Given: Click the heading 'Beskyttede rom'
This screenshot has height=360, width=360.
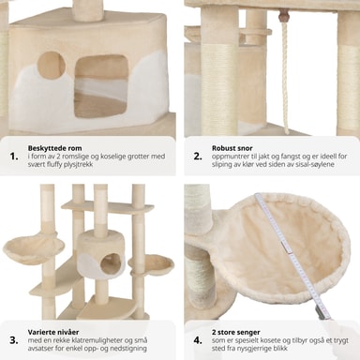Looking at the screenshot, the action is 54,148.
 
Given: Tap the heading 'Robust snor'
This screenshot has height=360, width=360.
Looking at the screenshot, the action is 232,148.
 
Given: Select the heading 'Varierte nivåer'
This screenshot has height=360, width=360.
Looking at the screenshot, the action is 53,332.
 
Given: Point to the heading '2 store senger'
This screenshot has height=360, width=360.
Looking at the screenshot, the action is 236,332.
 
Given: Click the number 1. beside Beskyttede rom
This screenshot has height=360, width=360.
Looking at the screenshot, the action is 14,157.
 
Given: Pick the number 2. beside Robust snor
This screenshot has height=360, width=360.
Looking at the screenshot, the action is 198,157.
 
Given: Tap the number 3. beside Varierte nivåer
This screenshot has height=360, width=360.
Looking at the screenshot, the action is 14,340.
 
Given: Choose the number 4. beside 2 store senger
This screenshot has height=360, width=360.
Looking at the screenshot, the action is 198,340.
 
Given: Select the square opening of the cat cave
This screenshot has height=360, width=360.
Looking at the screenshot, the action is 100,86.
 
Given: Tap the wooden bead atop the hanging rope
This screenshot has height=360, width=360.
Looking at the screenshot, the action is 283,14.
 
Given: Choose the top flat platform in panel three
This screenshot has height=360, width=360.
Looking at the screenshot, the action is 108,208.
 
